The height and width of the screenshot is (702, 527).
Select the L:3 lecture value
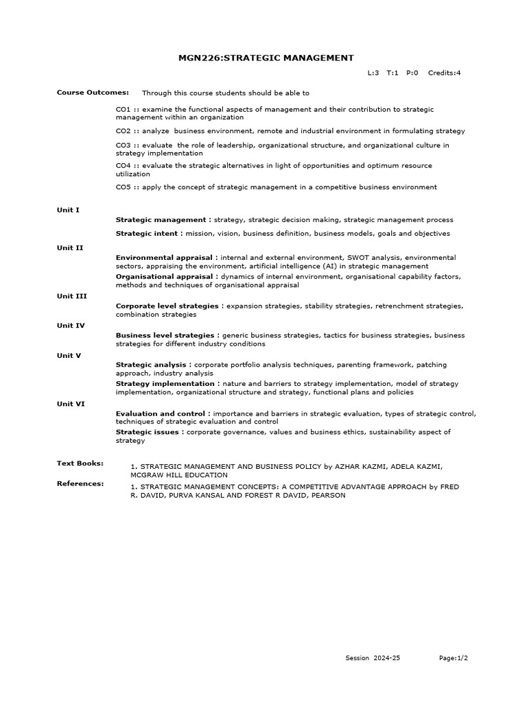[x=373, y=73]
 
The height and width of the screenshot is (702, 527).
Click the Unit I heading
[x=68, y=210]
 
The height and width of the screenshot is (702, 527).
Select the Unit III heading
[x=71, y=295]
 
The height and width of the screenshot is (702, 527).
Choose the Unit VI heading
[x=71, y=404]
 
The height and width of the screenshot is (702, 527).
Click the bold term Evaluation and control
[x=163, y=414]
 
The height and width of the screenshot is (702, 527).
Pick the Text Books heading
[x=80, y=463]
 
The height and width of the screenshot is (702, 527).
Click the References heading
[x=80, y=483]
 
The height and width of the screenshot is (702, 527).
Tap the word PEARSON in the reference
[x=329, y=496]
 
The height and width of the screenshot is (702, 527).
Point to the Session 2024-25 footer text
[x=373, y=658]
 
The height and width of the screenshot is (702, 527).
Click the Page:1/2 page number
[x=454, y=658]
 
